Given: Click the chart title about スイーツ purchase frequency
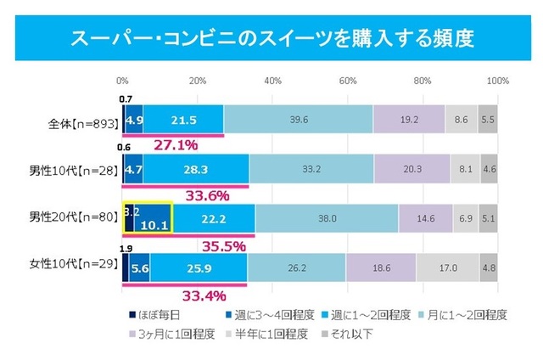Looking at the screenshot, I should pos(271,38).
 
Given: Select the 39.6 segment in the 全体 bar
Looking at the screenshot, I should pos(298,120).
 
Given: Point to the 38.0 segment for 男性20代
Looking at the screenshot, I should pos(327,218).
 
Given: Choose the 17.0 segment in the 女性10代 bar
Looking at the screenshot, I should pos(447,267).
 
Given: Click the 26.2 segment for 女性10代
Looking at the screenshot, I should pos(296,267).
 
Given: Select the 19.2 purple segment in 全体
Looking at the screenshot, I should pos(409,120).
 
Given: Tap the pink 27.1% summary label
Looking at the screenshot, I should pos(175,145).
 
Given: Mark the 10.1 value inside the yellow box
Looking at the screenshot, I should pos(151,225).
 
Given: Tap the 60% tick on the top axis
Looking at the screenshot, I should pos(348,81).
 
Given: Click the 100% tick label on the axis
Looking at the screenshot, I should pos(497,81).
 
